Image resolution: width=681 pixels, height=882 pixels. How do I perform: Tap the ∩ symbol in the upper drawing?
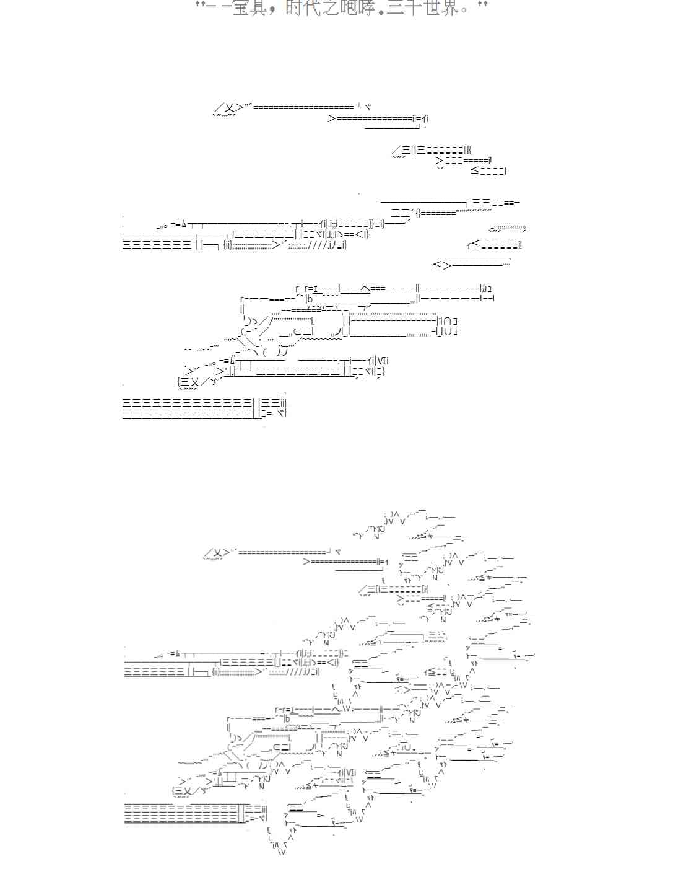tap(448, 321)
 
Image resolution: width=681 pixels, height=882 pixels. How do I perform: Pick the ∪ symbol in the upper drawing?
tap(448, 332)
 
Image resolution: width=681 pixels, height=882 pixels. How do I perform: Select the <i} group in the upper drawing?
tap(362, 234)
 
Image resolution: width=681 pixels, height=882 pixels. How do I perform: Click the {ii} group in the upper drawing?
tap(228, 245)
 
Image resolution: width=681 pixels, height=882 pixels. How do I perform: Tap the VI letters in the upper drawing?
tap(382, 361)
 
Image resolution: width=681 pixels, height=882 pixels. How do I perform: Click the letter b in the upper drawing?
tap(310, 299)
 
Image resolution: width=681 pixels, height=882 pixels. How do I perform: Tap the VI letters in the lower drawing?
tap(350, 772)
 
